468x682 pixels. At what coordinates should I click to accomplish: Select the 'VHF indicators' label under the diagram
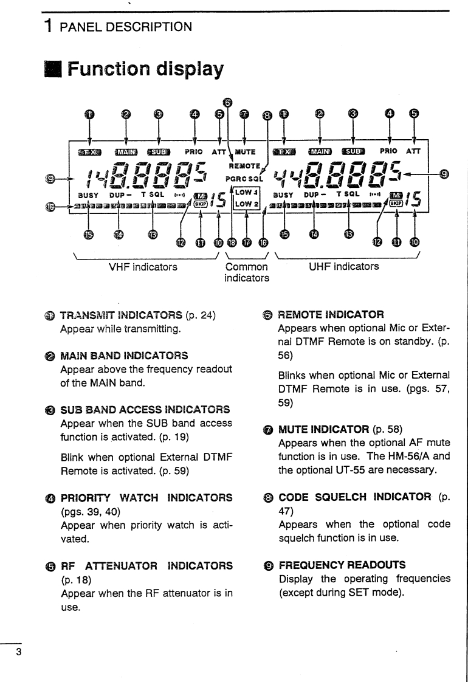click(143, 266)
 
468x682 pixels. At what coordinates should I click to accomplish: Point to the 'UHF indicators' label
click(343, 266)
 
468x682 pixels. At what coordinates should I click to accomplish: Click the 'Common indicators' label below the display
click(246, 272)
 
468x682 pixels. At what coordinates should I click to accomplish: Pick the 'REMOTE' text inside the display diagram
click(244, 165)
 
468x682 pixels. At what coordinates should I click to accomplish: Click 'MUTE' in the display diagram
click(245, 151)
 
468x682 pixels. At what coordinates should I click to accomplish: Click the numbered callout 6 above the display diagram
click(227, 103)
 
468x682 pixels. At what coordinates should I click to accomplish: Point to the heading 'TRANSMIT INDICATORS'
click(120, 314)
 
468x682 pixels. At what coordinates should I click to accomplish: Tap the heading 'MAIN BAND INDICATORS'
click(124, 355)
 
